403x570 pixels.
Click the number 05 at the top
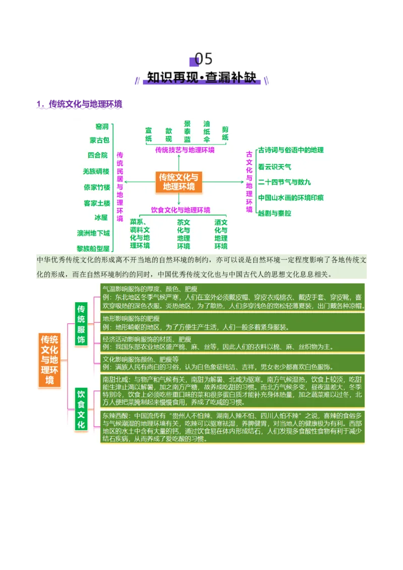[203, 59]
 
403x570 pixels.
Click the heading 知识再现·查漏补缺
[201, 78]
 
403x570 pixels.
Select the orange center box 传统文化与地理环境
[178, 182]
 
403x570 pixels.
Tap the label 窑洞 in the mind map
[101, 126]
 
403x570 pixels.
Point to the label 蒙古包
[99, 140]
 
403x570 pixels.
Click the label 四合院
[98, 156]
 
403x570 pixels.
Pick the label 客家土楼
[96, 203]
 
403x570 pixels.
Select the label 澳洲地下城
[93, 233]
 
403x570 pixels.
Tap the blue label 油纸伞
[207, 131]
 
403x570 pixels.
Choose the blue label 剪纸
[225, 133]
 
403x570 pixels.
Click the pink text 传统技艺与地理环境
[184, 150]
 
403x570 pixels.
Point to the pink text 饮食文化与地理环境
[181, 210]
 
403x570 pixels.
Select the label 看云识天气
[275, 166]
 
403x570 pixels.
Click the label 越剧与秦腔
[275, 213]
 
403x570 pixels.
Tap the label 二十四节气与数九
[285, 182]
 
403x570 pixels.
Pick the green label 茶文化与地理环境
[183, 234]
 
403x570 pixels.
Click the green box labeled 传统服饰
[82, 324]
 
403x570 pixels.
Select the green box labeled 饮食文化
[82, 408]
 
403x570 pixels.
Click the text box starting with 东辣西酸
[232, 427]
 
